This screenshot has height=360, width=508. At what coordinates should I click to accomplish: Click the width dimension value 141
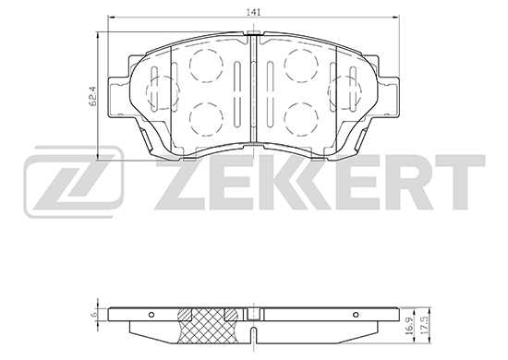click(252, 10)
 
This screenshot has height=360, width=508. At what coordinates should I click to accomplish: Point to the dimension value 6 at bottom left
click(95, 316)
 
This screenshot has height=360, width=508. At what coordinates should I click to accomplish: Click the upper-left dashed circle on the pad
click(206, 65)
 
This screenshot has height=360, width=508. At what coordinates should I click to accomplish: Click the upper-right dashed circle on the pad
click(301, 65)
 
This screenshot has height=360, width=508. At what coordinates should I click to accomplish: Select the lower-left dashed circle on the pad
click(206, 117)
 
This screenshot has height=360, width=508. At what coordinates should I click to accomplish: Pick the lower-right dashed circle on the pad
click(301, 117)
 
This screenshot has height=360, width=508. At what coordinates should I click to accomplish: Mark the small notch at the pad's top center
click(253, 37)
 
